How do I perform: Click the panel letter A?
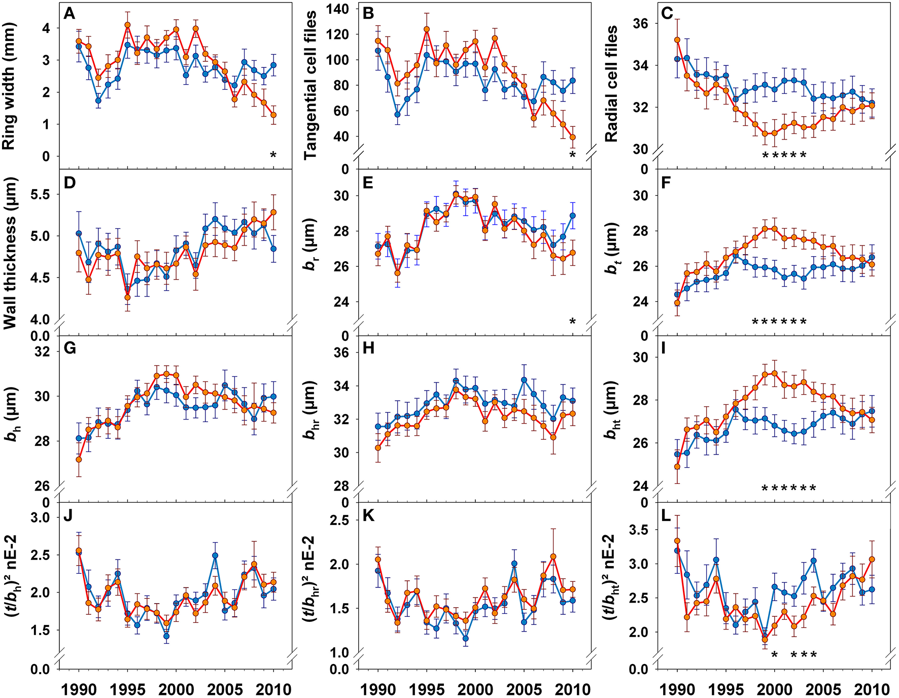[x=70, y=14]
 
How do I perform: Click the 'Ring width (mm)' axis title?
[x=9, y=86]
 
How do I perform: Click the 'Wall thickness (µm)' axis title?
[x=10, y=254]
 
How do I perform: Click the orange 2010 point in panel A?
[x=273, y=115]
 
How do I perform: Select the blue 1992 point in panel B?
[x=398, y=115]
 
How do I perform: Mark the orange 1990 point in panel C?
[x=677, y=40]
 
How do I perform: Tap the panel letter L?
[x=666, y=516]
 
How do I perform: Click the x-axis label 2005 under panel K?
[x=525, y=689]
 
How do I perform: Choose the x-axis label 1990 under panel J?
[x=79, y=689]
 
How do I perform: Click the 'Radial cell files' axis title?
[x=611, y=84]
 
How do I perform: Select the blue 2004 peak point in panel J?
[x=215, y=555]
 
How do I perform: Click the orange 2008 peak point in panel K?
[x=554, y=556]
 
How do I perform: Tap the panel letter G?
[x=70, y=348]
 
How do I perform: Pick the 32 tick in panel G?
[x=43, y=352]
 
